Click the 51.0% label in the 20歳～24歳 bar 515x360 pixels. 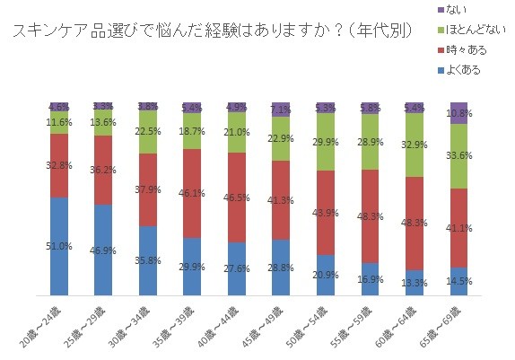coord(59,247)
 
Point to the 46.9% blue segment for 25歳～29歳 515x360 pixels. coord(103,250)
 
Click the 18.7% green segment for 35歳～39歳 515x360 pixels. coord(191,130)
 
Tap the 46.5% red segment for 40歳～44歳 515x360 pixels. coord(236,197)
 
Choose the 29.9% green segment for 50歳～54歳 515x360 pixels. coord(324,142)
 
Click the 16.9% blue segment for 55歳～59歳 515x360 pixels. coord(369,278)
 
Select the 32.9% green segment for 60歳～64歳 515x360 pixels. coord(413,145)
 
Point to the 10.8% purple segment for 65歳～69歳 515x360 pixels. coord(458,113)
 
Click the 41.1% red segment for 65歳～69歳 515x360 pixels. coord(458,228)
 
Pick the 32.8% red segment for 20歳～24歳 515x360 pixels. coord(59,165)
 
